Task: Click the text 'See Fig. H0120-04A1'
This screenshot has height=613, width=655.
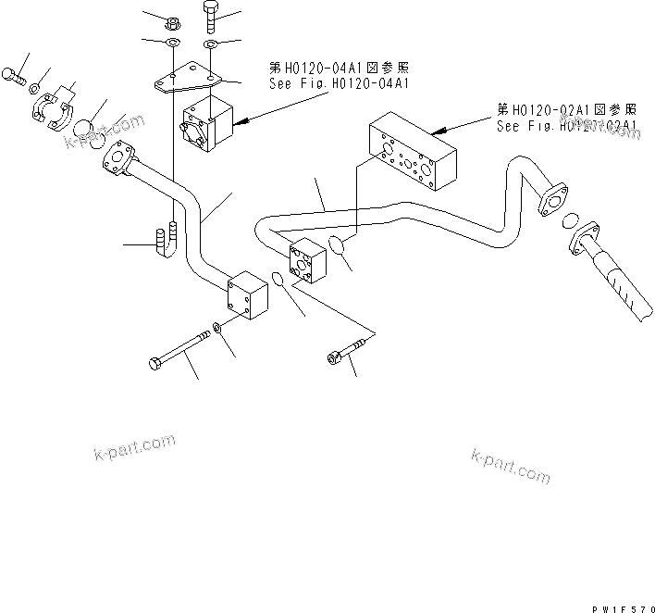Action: (x=337, y=83)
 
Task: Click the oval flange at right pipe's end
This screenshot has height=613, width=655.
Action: (x=551, y=199)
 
